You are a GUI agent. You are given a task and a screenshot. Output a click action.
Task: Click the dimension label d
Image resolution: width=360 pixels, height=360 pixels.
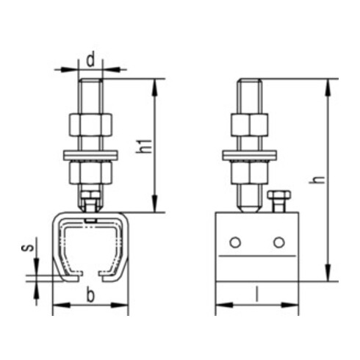(90, 57)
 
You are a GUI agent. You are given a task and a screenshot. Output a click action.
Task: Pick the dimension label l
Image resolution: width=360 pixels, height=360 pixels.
(256, 295)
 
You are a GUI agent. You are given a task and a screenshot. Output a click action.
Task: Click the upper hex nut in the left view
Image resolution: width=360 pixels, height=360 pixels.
(90, 125)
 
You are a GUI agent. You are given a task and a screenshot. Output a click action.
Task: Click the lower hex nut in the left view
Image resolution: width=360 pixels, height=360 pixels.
(90, 173)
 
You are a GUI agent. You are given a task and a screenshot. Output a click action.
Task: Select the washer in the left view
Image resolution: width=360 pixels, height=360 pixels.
(90, 154)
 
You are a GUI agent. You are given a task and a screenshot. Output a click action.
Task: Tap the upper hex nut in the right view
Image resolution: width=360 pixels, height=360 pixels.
(249, 125)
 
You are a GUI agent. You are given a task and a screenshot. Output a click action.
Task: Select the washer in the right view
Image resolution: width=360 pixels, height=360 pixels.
(249, 154)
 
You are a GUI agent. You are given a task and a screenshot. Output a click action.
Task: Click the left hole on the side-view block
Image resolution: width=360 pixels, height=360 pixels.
(234, 243)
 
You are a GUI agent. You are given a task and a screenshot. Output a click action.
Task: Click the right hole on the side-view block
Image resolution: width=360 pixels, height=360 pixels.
(278, 243)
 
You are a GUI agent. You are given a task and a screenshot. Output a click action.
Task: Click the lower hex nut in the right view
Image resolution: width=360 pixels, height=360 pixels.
(249, 173)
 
